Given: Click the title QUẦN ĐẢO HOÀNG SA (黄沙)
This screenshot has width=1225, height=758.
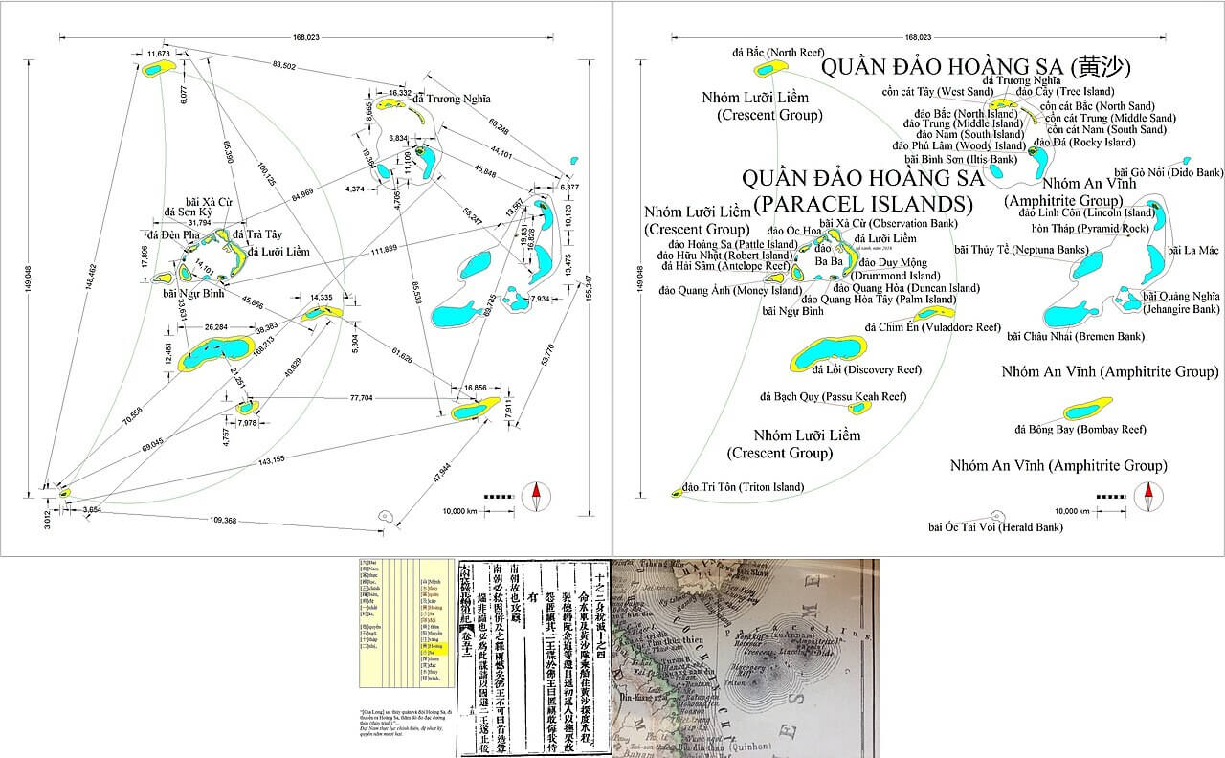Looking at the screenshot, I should pos(976,68).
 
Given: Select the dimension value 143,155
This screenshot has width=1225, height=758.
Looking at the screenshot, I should pos(272,460).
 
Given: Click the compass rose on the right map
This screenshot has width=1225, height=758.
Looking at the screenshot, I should pos(1147,496).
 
